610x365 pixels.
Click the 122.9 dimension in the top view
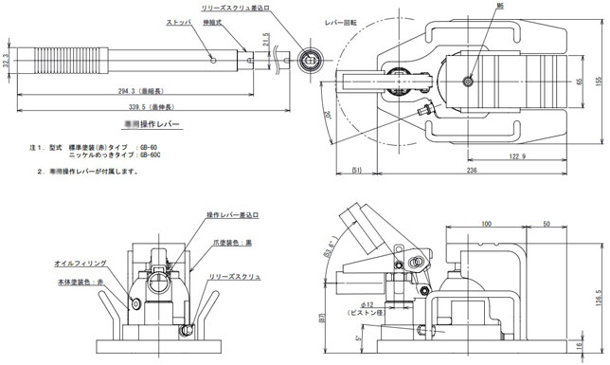point(515,155)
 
